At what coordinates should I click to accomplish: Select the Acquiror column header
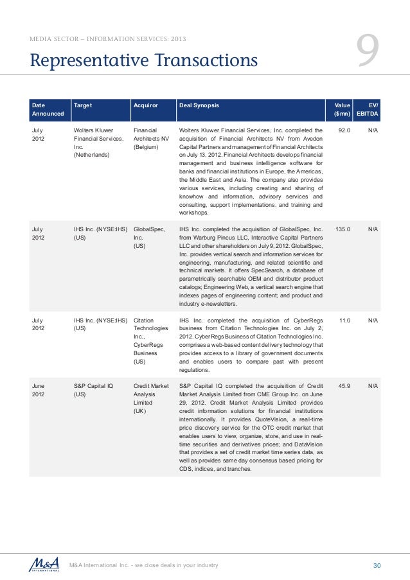[145, 103]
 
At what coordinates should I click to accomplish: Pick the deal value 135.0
[341, 229]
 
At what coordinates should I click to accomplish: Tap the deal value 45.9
[343, 386]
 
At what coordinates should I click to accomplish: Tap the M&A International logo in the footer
[45, 564]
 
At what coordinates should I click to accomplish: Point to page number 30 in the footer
[377, 565]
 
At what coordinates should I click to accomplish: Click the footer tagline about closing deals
[144, 565]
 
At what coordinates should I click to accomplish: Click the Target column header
[83, 103]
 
